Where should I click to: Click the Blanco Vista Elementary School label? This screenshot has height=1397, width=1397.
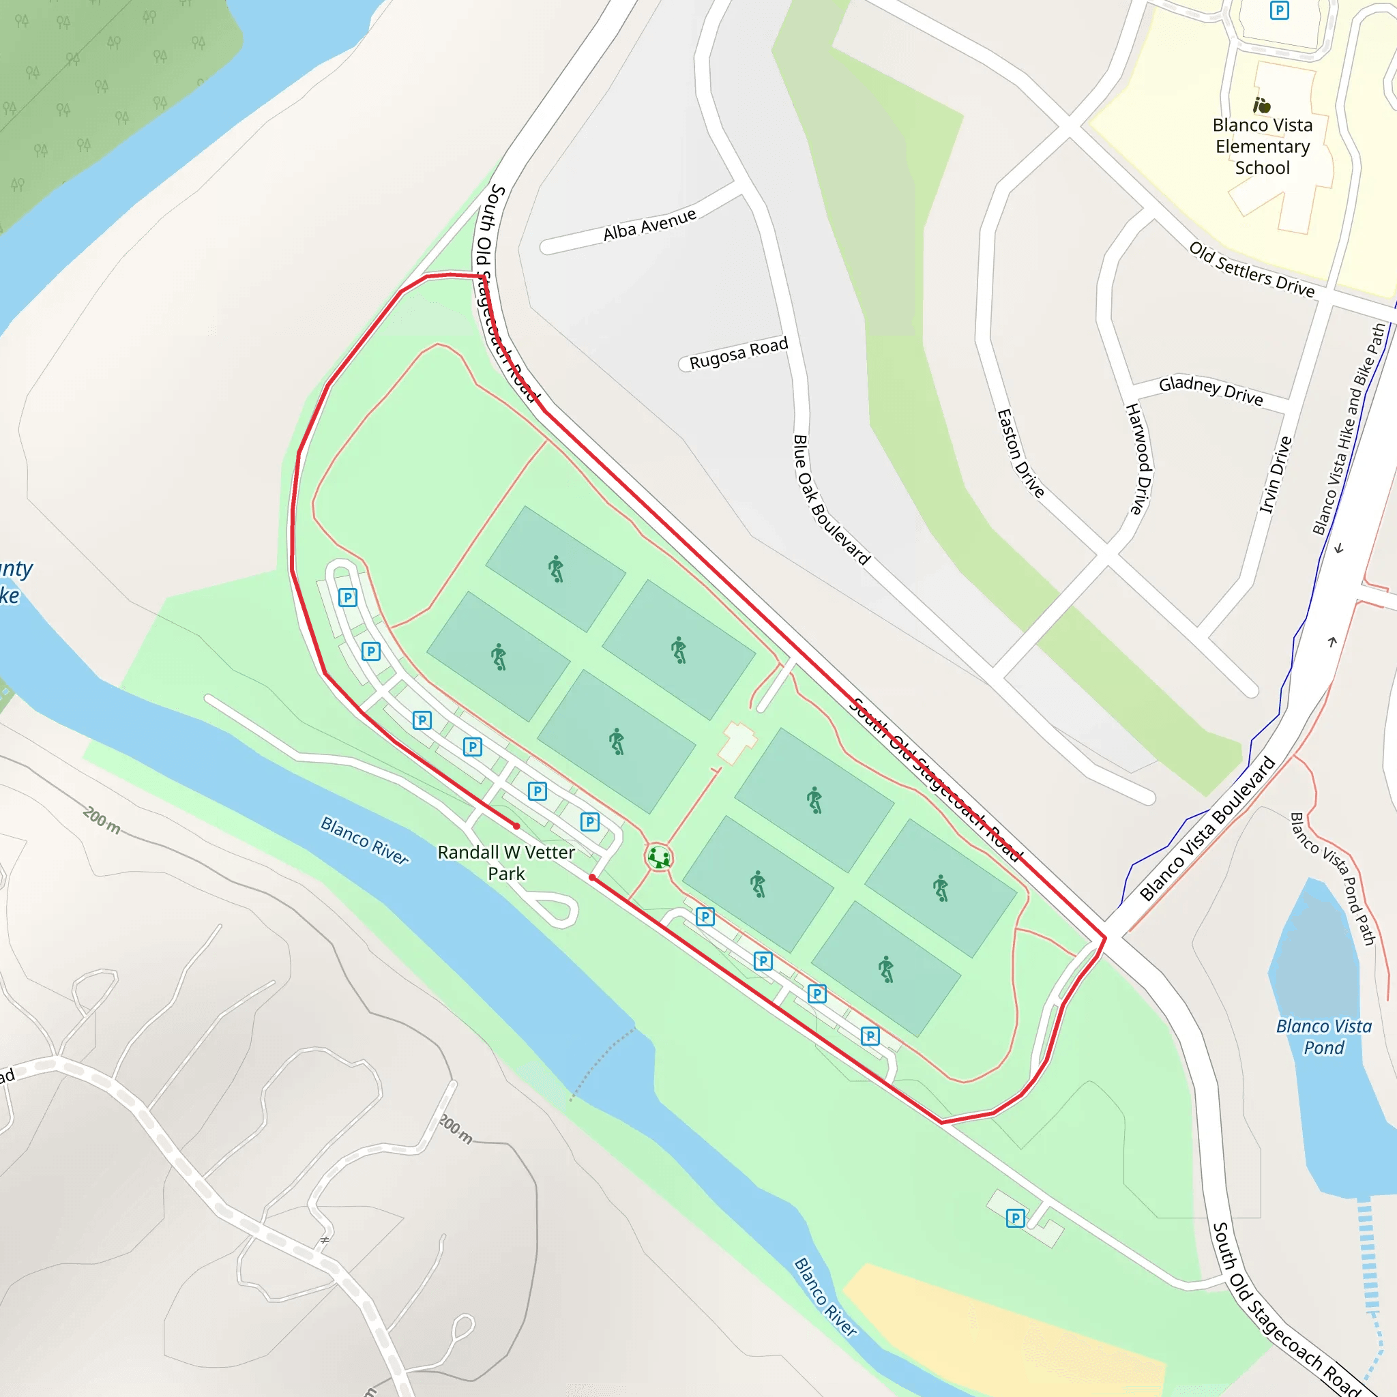pyautogui.click(x=1262, y=147)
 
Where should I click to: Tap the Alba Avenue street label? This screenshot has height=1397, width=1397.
pyautogui.click(x=649, y=225)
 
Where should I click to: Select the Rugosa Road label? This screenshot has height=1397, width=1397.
pyautogui.click(x=737, y=353)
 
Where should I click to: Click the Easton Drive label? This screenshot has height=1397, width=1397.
pyautogui.click(x=1020, y=454)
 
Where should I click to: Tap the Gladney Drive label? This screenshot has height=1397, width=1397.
pyautogui.click(x=1211, y=390)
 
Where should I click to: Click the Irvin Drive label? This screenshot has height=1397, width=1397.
pyautogui.click(x=1276, y=474)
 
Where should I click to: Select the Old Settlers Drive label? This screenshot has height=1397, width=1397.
pyautogui.click(x=1252, y=269)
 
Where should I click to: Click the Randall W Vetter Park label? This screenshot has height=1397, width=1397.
pyautogui.click(x=506, y=863)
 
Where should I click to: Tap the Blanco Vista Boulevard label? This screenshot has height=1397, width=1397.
pyautogui.click(x=1207, y=829)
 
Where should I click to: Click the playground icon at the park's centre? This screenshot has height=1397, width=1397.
pyautogui.click(x=659, y=858)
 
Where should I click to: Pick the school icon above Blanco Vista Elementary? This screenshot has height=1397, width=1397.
pyautogui.click(x=1262, y=106)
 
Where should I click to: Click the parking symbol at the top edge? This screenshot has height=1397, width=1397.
pyautogui.click(x=1279, y=10)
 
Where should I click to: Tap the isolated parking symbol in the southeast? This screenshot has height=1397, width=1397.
pyautogui.click(x=1015, y=1218)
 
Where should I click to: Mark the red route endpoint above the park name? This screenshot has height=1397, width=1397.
pyautogui.click(x=516, y=826)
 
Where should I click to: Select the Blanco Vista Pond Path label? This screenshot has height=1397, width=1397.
pyautogui.click(x=1334, y=879)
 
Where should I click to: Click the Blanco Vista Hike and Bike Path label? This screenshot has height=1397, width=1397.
pyautogui.click(x=1349, y=429)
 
